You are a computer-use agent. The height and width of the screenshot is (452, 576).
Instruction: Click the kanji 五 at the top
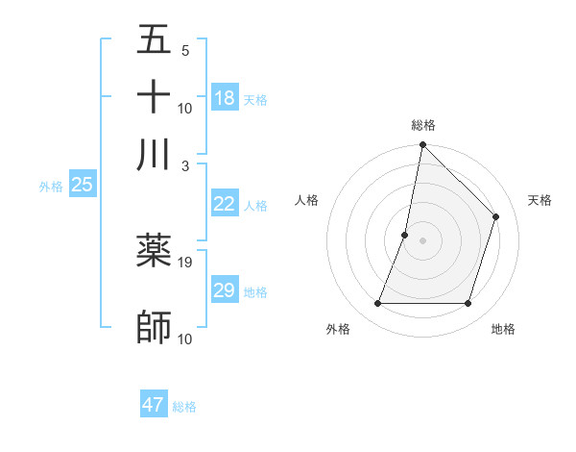point(154,41)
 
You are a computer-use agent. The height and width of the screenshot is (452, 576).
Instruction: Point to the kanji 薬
point(154,251)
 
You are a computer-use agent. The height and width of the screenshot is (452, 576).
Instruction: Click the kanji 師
point(154,326)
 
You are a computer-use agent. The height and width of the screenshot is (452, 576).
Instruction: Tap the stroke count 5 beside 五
point(184,51)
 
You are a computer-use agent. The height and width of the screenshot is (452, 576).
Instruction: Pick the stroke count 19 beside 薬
point(186,262)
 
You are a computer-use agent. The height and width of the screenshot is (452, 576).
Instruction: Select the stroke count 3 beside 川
point(184,164)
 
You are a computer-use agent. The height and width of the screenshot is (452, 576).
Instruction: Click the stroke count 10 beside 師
point(186,339)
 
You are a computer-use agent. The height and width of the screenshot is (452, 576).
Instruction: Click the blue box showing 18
point(224,98)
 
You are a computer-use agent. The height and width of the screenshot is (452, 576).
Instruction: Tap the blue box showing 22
point(224,204)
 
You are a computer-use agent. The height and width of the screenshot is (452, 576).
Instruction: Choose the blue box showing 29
point(224,290)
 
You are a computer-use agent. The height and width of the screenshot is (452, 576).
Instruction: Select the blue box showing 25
point(82,185)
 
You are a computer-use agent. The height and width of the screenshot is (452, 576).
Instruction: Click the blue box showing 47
point(153,405)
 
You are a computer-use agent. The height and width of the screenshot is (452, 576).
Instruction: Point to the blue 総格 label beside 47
point(184,407)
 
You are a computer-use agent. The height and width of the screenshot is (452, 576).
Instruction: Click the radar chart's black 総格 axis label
point(422,125)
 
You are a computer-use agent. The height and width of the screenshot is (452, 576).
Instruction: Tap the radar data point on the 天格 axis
point(496,216)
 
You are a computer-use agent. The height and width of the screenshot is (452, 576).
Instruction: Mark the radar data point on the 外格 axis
point(377,304)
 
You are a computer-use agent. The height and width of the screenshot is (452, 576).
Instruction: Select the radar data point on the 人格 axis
point(405,235)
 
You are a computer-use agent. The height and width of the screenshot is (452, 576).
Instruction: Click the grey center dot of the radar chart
point(422,240)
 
